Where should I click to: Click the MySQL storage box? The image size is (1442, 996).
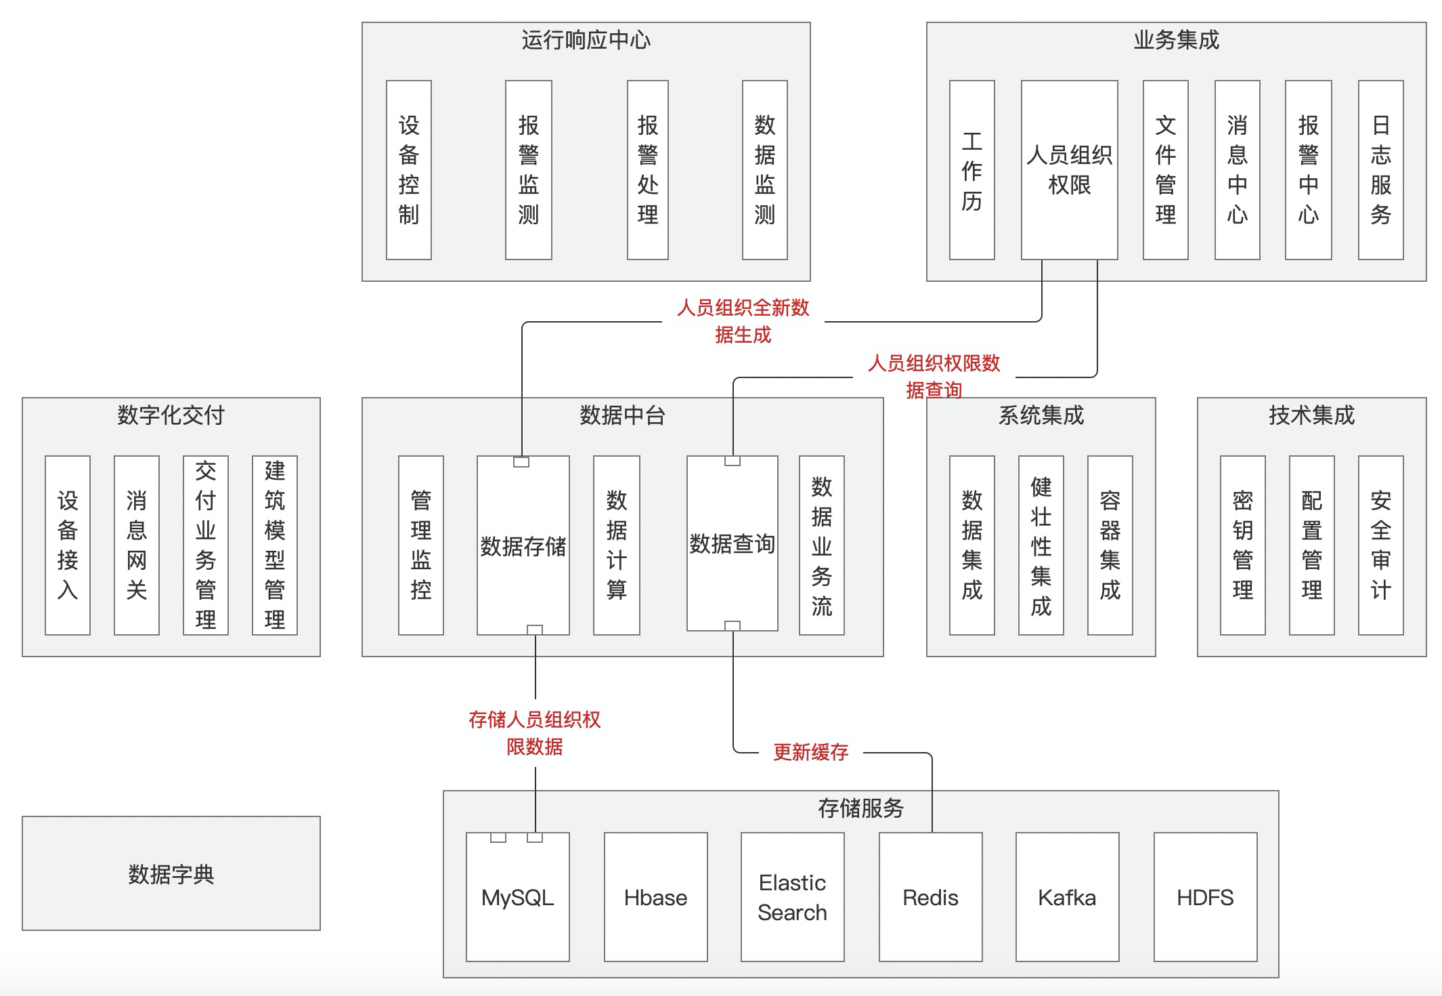coord(518,897)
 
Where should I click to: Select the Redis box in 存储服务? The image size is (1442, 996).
coord(930,897)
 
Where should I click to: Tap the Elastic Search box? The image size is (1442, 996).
coord(792,897)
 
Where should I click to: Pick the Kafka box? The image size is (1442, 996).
coord(1067,897)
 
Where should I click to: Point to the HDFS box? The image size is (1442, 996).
coord(1205,897)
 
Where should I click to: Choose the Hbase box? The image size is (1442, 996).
coord(655,897)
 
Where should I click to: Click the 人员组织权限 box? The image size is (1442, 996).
coord(1069,170)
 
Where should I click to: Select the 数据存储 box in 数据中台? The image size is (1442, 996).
coord(523,546)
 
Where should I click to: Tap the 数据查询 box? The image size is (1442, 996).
coord(732,543)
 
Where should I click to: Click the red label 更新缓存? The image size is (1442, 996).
coord(810,752)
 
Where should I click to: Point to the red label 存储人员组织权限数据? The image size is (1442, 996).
coord(534,733)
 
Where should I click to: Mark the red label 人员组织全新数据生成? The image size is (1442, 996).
coord(743,321)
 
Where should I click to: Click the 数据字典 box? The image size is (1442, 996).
coord(171,873)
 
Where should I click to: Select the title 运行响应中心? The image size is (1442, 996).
coord(586,40)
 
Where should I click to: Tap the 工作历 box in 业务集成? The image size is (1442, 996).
coord(971,170)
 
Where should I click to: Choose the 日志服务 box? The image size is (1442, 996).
coord(1380,170)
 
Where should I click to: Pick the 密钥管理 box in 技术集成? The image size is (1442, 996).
coord(1242,545)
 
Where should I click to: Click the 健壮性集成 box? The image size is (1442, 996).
coord(1041,545)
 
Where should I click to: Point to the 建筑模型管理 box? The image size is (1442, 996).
coord(274,545)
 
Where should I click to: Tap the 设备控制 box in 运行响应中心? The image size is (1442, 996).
coord(408,170)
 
